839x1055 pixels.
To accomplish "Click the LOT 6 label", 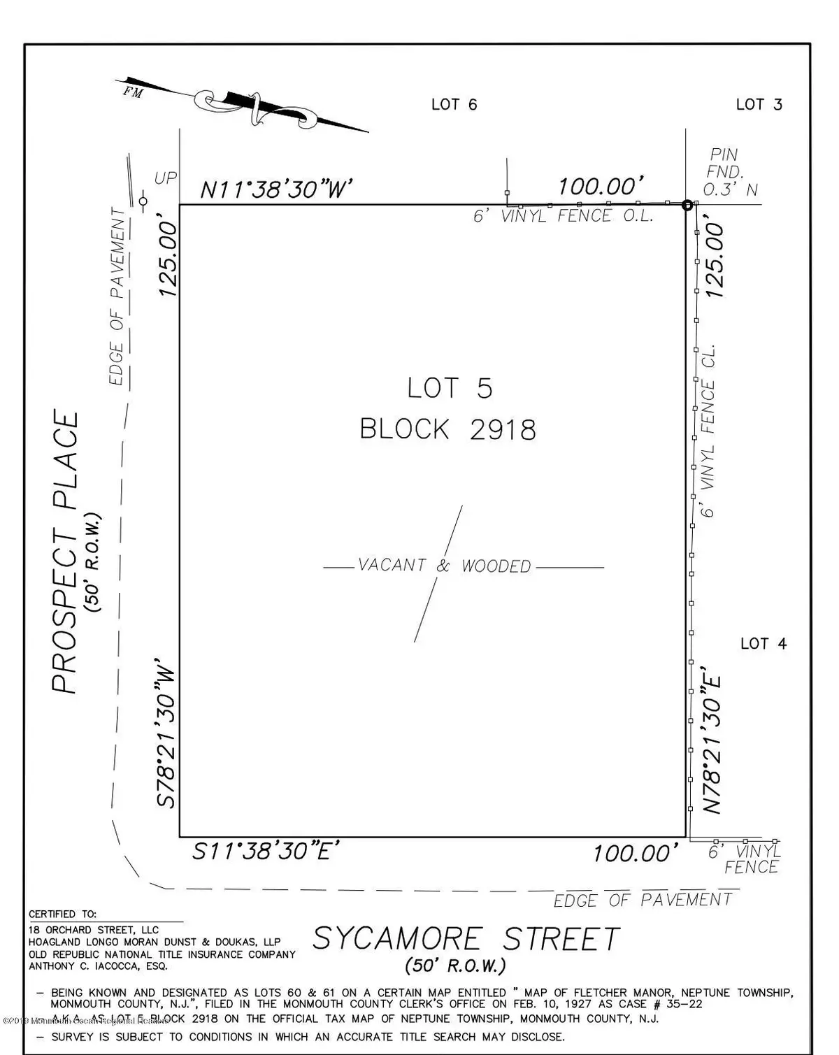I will coord(454,105).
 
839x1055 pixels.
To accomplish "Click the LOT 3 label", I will coord(759,105).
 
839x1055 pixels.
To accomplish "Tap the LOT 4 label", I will coord(763,643).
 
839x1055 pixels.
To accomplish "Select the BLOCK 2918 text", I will coord(448,429).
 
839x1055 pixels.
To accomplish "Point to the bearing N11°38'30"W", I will coord(275,189).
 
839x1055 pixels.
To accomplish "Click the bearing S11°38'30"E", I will coord(266,852).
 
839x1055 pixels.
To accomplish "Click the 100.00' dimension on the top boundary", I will coord(600,187).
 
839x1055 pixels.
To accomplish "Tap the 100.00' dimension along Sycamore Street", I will coord(635,854).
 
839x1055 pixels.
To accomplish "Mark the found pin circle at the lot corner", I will coord(687,205).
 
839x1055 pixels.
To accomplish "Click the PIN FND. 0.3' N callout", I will coord(729,172).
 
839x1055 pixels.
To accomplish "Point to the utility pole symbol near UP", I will coord(143,202).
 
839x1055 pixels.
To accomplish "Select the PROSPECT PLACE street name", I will coord(66,552).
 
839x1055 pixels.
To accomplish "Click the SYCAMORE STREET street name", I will coord(466,939).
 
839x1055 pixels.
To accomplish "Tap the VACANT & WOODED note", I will coord(445,566).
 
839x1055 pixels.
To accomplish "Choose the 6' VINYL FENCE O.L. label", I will coord(563,217).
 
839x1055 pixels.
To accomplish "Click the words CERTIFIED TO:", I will coord(63,914).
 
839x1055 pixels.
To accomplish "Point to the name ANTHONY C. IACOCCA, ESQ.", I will coord(98,966).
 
